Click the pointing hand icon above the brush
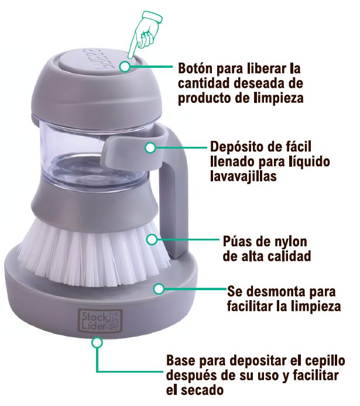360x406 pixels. click(x=145, y=33)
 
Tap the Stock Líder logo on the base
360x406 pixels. click(x=100, y=321)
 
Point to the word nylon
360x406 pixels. click(x=286, y=242)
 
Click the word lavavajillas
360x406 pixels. click(x=243, y=176)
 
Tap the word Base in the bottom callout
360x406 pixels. click(x=181, y=360)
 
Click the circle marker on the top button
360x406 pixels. click(x=125, y=67)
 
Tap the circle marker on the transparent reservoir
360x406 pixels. click(x=150, y=148)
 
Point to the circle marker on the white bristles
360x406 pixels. click(x=152, y=239)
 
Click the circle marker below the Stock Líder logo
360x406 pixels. click(x=97, y=343)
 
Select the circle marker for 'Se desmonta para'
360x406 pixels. click(x=159, y=289)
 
